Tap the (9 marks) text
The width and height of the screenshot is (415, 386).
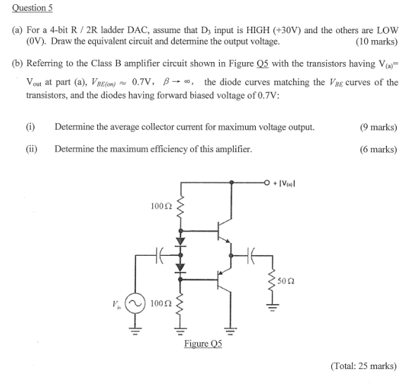[x=378, y=127]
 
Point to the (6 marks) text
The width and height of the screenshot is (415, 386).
[x=378, y=149]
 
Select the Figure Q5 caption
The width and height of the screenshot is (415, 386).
[x=203, y=343]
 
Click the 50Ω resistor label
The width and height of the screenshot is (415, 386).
[x=285, y=280]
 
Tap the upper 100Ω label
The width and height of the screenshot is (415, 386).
[x=160, y=206]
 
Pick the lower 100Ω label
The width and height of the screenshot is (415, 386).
[x=160, y=304]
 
